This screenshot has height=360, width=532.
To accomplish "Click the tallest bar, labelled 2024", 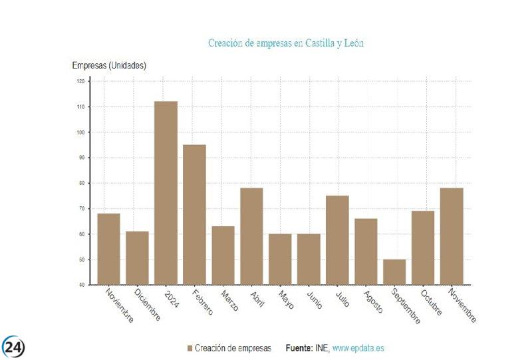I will [x=166, y=193].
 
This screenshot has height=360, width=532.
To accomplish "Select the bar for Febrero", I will [x=194, y=214].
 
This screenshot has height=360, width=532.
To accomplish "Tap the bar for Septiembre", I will [x=394, y=271].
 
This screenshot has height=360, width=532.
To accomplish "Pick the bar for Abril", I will [x=251, y=236].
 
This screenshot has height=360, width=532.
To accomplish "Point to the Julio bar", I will [x=337, y=240].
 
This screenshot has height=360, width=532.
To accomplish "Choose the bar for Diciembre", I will [x=137, y=258].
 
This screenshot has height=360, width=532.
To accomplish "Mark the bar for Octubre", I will [x=423, y=248].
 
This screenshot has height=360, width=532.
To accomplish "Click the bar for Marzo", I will [x=223, y=255].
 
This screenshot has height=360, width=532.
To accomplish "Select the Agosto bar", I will [x=366, y=251].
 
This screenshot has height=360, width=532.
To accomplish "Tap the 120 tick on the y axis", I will [x=80, y=81].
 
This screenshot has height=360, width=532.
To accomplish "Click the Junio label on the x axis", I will [x=315, y=299].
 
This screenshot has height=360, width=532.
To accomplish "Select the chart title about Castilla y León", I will [x=286, y=43].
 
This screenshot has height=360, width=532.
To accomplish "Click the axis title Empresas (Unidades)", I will [x=109, y=65].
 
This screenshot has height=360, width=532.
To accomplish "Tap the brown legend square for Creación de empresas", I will [x=190, y=348].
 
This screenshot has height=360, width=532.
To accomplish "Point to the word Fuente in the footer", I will [x=299, y=348].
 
